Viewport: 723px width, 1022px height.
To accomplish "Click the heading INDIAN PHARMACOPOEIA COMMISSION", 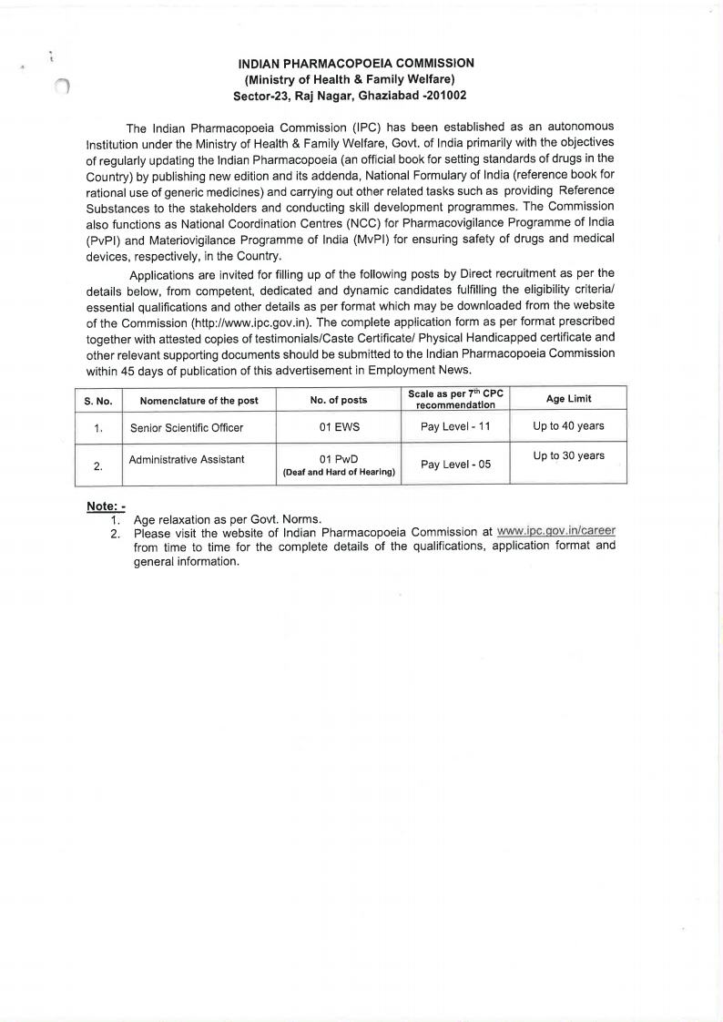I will (356, 63).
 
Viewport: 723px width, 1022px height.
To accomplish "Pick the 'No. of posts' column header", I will (339, 400).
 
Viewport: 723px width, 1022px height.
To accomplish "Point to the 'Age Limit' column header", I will (568, 399).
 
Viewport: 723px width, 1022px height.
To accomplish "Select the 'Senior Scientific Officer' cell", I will (187, 427).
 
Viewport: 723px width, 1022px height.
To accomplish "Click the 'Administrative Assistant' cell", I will (187, 459).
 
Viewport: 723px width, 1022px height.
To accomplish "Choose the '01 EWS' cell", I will (339, 426).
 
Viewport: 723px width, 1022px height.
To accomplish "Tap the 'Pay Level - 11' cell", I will (455, 426).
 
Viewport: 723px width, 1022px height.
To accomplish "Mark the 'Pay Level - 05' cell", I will (455, 465).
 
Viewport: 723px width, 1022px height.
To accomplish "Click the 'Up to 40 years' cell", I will (568, 425).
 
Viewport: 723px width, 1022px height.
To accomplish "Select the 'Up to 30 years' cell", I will (568, 455).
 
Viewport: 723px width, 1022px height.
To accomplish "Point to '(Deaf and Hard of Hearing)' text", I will (339, 472).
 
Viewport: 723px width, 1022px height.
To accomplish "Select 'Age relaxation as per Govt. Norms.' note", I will (227, 519).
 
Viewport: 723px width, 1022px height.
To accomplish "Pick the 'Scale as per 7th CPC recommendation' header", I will (455, 399).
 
